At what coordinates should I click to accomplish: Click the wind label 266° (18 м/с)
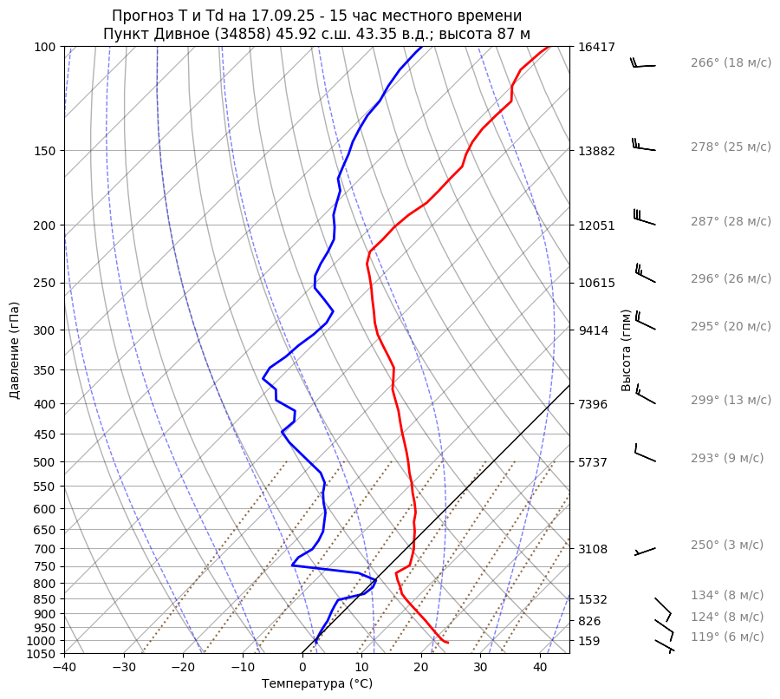coord(730,63)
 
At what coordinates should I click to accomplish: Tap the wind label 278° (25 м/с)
coord(730,147)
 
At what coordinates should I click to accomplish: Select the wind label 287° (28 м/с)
coord(730,222)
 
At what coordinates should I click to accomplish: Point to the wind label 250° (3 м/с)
coord(726,545)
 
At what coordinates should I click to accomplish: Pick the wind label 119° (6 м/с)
coord(726,637)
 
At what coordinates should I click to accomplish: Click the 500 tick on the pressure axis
coord(46,462)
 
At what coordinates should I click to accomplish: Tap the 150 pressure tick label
coord(46,151)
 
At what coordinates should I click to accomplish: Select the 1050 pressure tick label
coord(42,654)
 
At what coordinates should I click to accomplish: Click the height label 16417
coord(596,48)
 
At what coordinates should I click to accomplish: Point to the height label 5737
coord(594,462)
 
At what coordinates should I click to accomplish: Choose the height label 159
coord(590,641)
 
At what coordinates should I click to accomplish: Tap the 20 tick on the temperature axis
coord(421,668)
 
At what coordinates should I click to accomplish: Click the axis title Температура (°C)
coord(317,684)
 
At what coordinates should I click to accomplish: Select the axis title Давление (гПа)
coord(15,350)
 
